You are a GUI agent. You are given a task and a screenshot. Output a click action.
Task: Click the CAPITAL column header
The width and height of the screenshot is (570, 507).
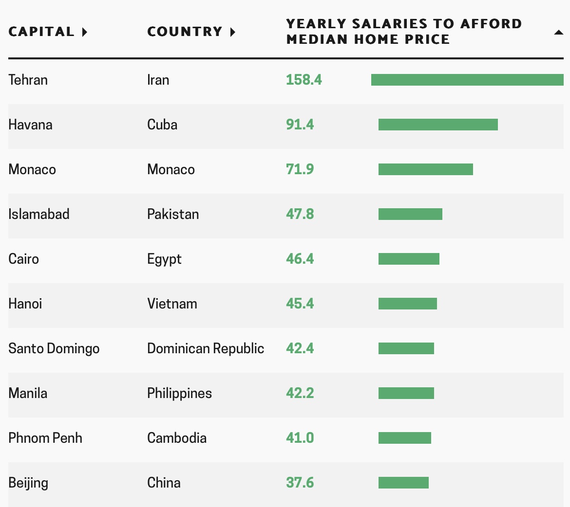point(48,32)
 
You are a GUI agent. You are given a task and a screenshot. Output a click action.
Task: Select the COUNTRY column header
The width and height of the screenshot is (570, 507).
point(191,32)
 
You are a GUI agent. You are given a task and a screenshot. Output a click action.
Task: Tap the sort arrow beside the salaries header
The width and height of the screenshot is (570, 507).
point(558,33)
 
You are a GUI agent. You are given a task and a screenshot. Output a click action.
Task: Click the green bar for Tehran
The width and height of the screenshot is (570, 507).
point(467,80)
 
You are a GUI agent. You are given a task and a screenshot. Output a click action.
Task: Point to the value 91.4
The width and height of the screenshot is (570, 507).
point(300,125)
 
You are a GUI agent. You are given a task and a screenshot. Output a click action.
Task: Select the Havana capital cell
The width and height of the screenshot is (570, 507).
point(30,125)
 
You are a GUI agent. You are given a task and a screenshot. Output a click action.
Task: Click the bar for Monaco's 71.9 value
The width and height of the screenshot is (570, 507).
point(425,169)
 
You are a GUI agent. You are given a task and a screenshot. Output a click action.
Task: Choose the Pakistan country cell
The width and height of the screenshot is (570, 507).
point(173,214)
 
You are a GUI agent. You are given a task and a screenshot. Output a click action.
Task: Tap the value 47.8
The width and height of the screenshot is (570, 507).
point(300,214)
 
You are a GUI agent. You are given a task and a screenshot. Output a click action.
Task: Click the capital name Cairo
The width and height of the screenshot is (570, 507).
point(23,259)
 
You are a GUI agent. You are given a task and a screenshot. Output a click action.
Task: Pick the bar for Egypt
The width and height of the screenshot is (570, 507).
point(409,259)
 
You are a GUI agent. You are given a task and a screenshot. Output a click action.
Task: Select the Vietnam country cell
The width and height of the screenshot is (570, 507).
point(172,304)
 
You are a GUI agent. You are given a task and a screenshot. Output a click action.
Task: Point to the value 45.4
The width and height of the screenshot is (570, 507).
point(300,304)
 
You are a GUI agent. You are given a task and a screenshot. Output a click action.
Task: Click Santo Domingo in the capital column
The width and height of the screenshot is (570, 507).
point(54,348)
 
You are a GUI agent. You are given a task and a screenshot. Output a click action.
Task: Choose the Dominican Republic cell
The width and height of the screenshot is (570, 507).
point(206,348)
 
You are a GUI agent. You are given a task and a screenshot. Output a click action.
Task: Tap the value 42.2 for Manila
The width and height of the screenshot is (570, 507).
point(300,393)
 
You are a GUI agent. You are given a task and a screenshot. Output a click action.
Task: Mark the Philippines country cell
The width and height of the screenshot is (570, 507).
point(179,393)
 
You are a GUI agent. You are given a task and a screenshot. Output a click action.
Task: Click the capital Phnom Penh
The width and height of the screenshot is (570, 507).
point(45,438)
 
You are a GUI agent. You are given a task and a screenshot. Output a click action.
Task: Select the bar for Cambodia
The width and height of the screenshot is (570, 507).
point(404,438)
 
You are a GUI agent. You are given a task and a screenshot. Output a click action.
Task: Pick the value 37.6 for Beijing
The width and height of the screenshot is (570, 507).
point(300,483)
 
